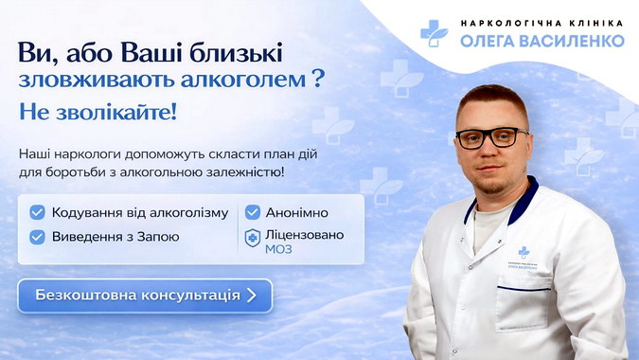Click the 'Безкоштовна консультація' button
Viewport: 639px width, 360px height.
pyautogui.click(x=144, y=295)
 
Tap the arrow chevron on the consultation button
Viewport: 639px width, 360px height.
pyautogui.click(x=251, y=295)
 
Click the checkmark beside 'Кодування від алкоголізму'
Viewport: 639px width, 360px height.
pyautogui.click(x=37, y=212)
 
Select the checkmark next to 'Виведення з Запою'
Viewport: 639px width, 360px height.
pyautogui.click(x=37, y=237)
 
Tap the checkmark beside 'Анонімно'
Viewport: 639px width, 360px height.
pyautogui.click(x=253, y=212)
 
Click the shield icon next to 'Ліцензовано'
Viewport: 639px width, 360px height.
pyautogui.click(x=253, y=238)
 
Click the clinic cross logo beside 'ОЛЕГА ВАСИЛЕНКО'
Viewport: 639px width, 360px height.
pyautogui.click(x=435, y=32)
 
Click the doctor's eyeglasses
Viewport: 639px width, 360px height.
pyautogui.click(x=490, y=137)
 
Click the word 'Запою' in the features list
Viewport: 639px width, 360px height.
pyautogui.click(x=156, y=237)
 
